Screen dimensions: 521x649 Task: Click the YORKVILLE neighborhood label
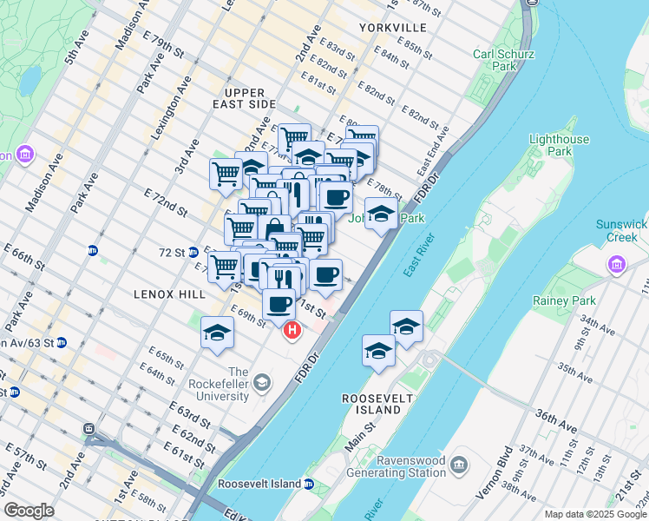coord(392,28)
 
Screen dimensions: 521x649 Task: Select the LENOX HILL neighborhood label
coord(169,294)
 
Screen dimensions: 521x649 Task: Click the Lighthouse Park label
coord(559,145)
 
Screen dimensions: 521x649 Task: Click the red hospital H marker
coord(293,330)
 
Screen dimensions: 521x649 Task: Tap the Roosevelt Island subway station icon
coord(309,484)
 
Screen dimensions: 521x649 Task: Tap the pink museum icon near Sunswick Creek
coord(617,263)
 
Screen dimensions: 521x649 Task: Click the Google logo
coord(29,511)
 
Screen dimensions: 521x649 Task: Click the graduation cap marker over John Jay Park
coord(380,214)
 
